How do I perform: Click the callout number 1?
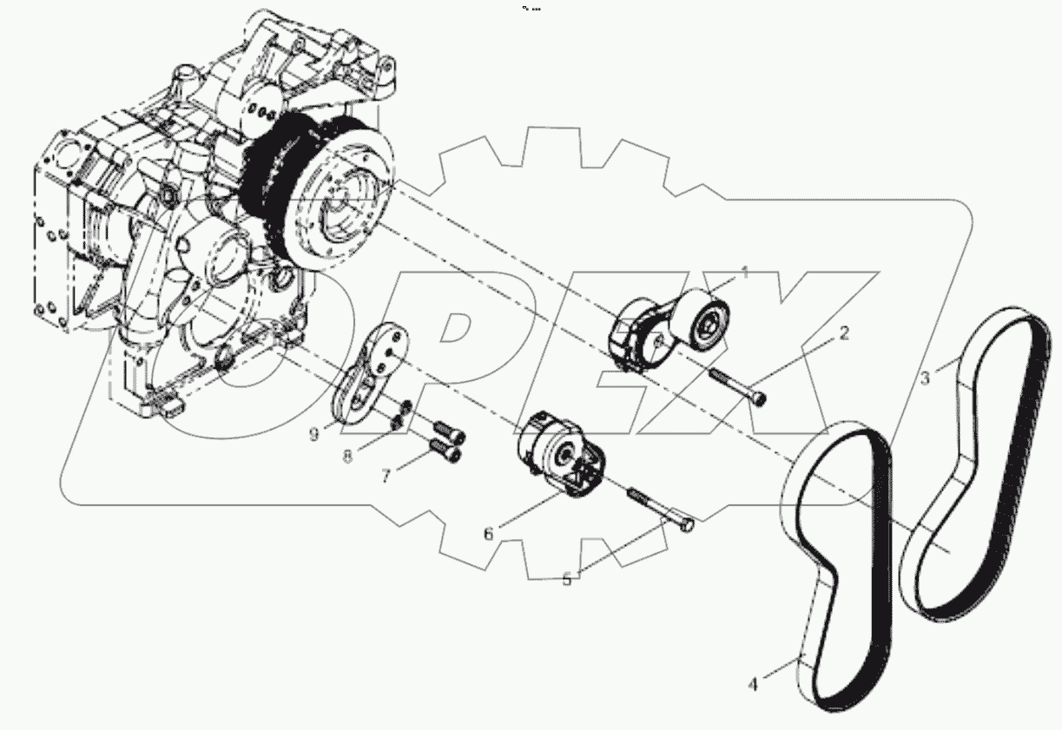click(x=744, y=273)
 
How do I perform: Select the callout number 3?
click(x=926, y=378)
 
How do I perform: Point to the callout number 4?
click(x=753, y=684)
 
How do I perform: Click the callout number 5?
click(x=567, y=580)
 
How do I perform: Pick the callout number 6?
click(x=488, y=535)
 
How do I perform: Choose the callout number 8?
click(x=347, y=455)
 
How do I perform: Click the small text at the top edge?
click(x=531, y=8)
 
